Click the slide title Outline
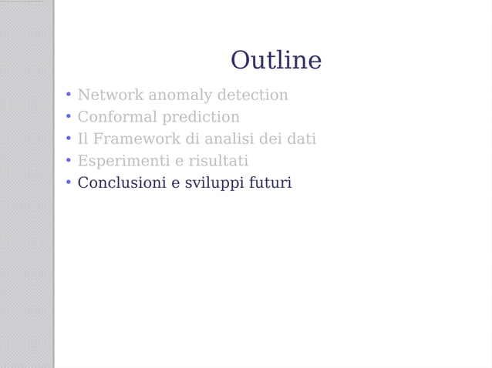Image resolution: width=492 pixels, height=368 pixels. [275, 60]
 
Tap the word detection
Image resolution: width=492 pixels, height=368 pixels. [253, 95]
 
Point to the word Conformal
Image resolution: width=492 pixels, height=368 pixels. [117, 118]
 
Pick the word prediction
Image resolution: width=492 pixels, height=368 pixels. [201, 118]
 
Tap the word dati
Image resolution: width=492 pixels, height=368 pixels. [301, 139]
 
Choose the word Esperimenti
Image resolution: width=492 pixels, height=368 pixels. [121, 162]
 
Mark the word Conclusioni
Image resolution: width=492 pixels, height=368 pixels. [121, 183]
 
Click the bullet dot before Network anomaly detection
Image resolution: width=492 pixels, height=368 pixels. [68, 95]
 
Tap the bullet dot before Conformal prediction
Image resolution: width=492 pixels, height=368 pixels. [68, 118]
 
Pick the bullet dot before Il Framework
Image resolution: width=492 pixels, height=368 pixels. [68, 139]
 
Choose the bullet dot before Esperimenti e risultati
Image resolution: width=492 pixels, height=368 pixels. [68, 162]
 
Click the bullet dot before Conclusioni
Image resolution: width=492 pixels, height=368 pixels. [68, 183]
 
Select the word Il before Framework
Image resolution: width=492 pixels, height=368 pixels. [83, 139]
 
